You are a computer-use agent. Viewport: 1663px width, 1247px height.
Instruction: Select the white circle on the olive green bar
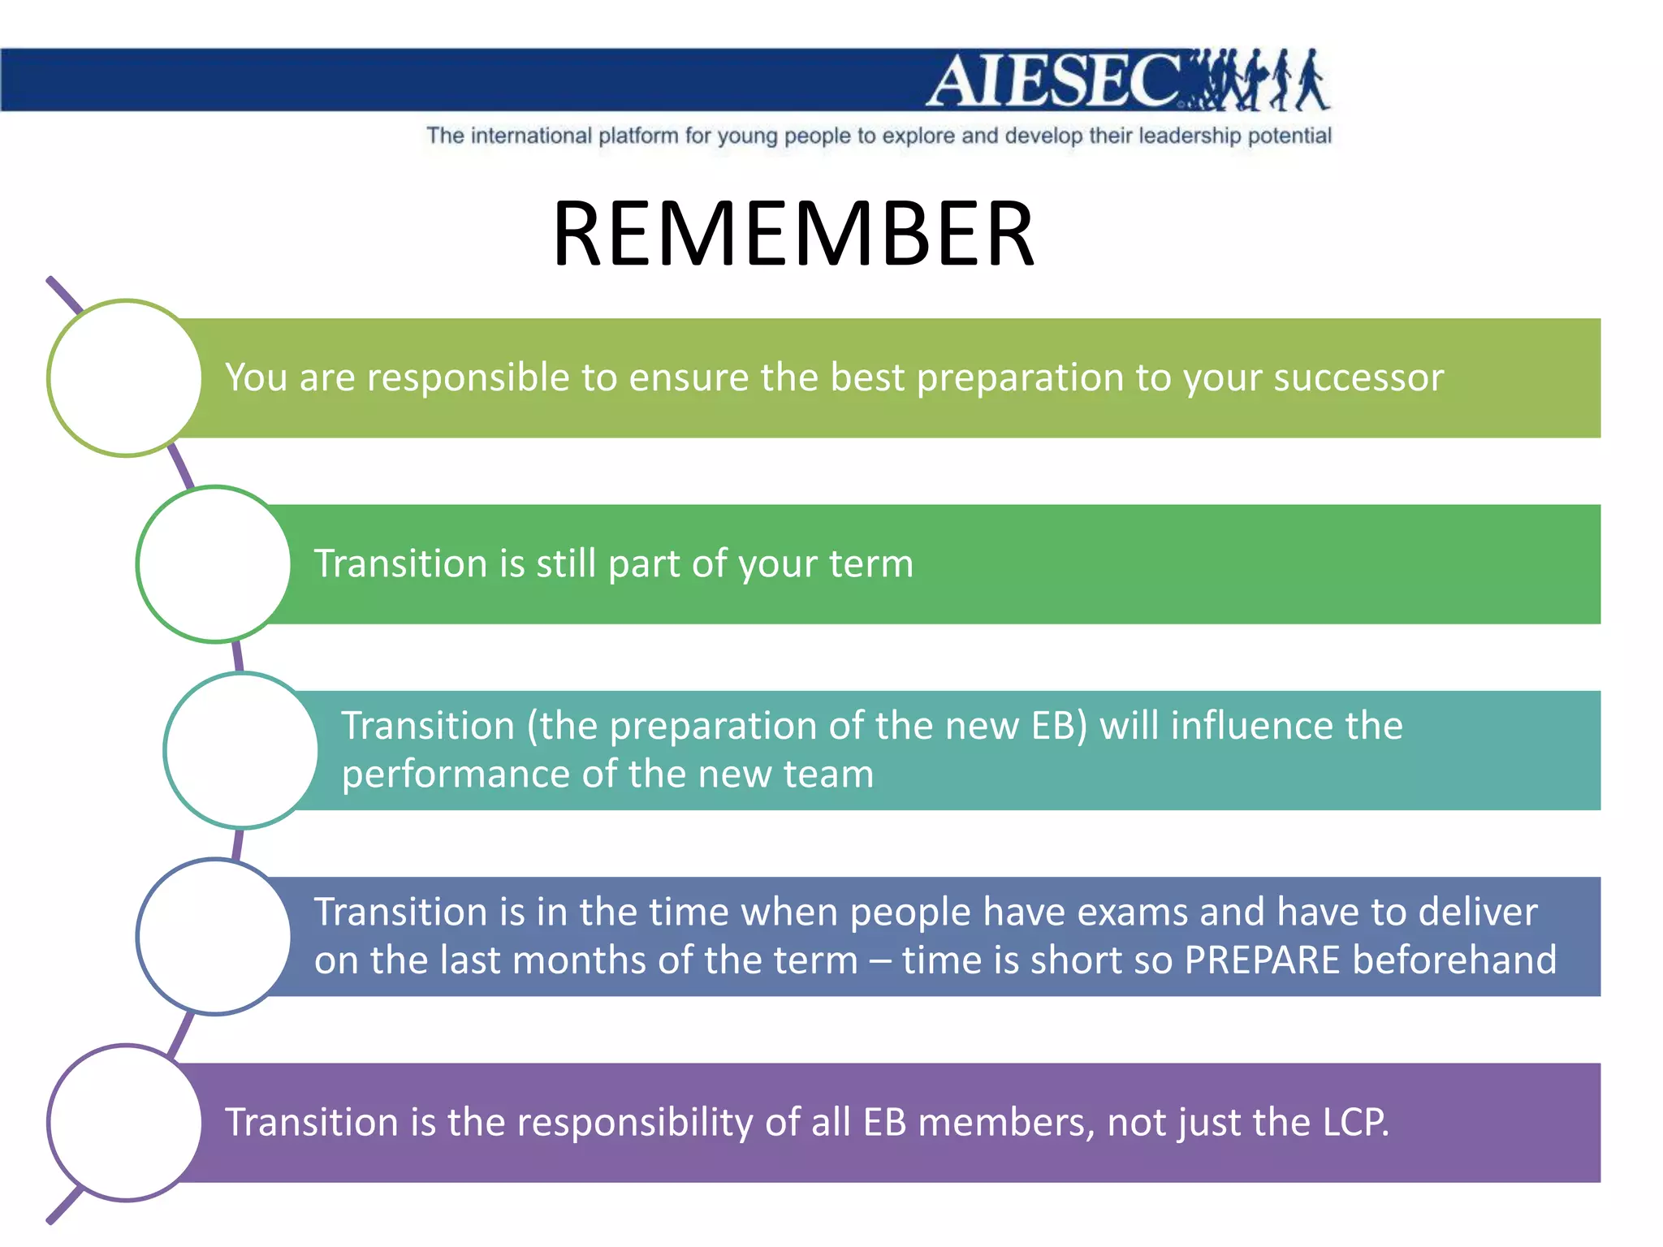coord(125,378)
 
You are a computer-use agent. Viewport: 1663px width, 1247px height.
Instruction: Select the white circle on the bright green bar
coord(214,564)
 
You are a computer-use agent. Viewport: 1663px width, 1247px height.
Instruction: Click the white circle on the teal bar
coord(242,750)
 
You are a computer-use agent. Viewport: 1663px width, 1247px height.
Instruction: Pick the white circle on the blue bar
coord(214,936)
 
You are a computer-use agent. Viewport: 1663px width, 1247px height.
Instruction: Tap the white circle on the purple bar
coord(125,1122)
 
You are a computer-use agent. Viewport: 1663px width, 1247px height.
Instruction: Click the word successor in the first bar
coord(1358,378)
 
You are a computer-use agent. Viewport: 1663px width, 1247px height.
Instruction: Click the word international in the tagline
coord(531,136)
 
